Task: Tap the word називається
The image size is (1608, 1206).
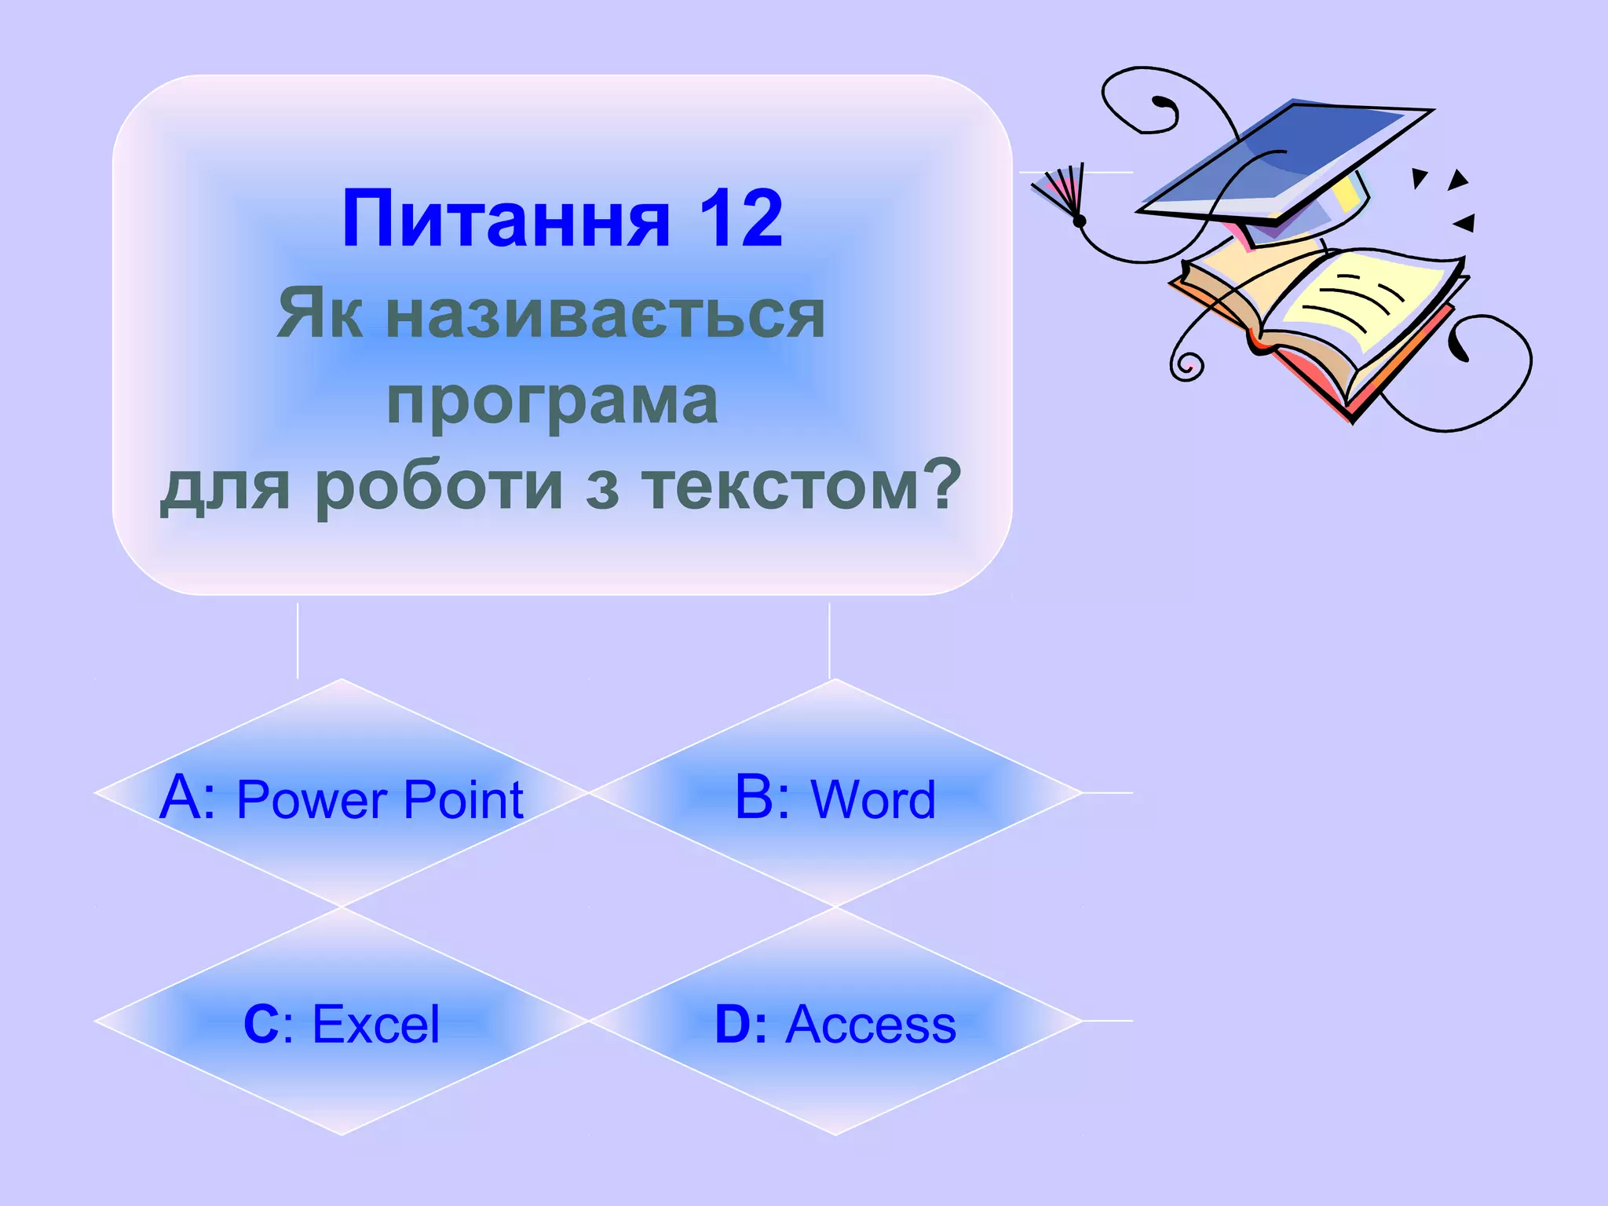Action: [x=605, y=314]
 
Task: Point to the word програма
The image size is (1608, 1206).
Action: [x=552, y=400]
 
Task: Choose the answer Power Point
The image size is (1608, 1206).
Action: [x=380, y=800]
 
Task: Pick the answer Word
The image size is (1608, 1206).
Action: [x=873, y=800]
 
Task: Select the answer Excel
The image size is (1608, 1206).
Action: [x=376, y=1025]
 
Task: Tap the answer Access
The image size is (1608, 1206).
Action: [x=871, y=1025]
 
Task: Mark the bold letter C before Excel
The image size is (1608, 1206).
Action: [x=261, y=1025]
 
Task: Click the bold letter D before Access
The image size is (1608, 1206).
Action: [x=733, y=1025]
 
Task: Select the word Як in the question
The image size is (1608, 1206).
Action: [x=320, y=314]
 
